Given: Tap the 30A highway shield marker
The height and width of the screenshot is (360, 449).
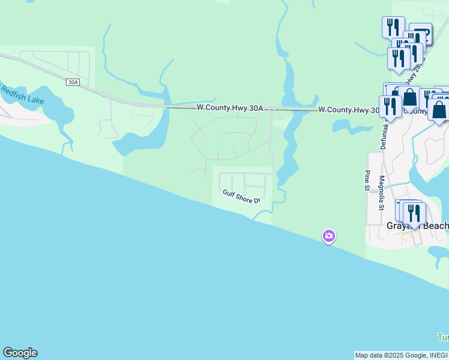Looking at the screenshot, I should tap(73, 82).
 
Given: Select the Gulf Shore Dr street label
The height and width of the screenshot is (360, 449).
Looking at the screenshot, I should tap(241, 196).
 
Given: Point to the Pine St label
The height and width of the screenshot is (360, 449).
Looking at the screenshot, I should tap(367, 180).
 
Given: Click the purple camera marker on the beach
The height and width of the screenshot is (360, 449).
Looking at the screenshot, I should tap(328, 236).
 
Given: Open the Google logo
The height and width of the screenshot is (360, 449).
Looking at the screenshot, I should tap(20, 353).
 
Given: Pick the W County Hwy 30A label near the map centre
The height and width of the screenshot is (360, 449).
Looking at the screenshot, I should tap(230, 108).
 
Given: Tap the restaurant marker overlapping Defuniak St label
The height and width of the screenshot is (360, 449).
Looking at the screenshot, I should tap(390, 106).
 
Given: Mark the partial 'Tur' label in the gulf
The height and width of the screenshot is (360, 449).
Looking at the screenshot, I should tap(442, 337).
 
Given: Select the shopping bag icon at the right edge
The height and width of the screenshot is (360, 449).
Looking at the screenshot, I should tap(439, 110).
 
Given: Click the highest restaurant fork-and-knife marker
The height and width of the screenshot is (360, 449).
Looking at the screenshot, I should tap(393, 27).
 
